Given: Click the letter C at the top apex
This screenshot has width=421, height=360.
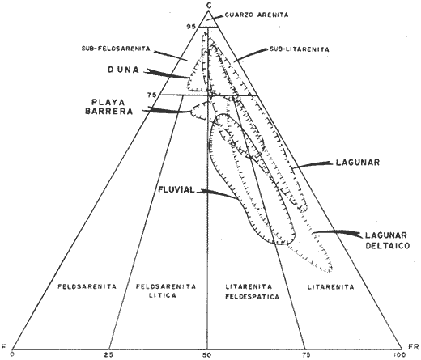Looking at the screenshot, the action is pos(208,5).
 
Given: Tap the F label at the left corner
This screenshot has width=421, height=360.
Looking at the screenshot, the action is pos(4,346).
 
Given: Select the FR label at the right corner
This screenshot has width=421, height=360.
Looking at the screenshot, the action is pos(414,346).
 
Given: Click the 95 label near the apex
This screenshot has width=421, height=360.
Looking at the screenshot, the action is pos(192,27).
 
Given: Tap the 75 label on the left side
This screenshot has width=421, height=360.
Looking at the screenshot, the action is pos(152,95).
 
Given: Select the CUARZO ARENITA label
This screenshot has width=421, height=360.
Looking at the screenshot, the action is pos(257,15).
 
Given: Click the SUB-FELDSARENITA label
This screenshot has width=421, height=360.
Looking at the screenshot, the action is pos(116,49).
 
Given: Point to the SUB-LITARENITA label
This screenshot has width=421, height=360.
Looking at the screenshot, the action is pos(299,49).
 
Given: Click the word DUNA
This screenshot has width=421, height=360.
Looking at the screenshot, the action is pos(124,70).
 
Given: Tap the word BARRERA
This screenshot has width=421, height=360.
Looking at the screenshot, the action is pos(109,112).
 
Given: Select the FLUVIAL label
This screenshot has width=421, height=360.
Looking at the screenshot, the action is pos(176,190).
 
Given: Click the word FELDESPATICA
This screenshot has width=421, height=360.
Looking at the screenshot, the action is pos(252,297).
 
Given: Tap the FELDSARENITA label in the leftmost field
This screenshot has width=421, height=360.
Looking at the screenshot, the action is pos(87,286).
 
